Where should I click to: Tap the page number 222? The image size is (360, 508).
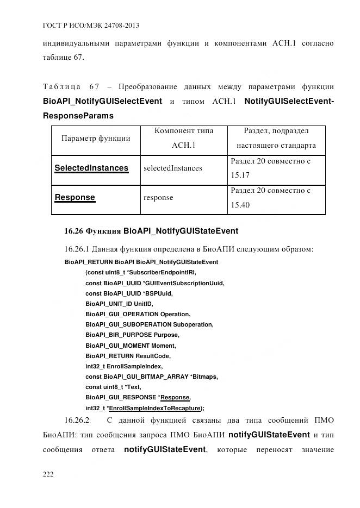point(48,474)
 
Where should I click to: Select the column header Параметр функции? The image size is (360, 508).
point(95,139)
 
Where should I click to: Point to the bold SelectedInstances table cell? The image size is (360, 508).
point(91,168)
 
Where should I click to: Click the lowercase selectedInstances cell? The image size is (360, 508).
point(173,168)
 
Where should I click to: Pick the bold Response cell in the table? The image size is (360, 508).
point(75,197)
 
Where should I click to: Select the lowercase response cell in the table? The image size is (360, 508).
point(158,198)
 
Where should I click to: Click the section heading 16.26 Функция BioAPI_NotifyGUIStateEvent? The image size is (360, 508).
point(151,231)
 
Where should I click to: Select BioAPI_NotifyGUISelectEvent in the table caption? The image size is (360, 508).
point(102,101)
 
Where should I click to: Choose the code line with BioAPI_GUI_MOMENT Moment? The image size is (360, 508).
point(132,345)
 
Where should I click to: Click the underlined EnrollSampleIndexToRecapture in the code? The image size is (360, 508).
point(154,407)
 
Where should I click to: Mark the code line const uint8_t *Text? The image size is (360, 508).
point(113,387)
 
